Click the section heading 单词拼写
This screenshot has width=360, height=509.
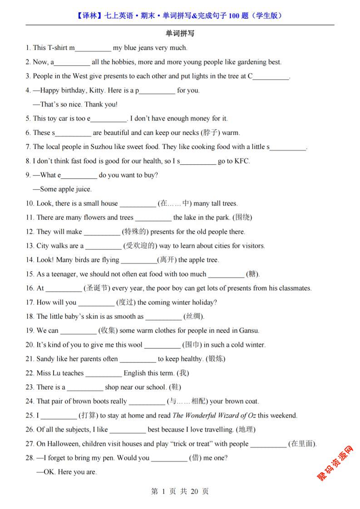tap(180, 33)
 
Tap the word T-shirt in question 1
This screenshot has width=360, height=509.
tap(58, 48)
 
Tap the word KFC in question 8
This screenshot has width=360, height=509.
tap(242, 161)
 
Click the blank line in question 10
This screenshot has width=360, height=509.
tap(137, 204)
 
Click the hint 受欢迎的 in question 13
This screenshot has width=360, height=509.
tap(140, 246)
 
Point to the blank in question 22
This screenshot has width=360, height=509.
tap(104, 373)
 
